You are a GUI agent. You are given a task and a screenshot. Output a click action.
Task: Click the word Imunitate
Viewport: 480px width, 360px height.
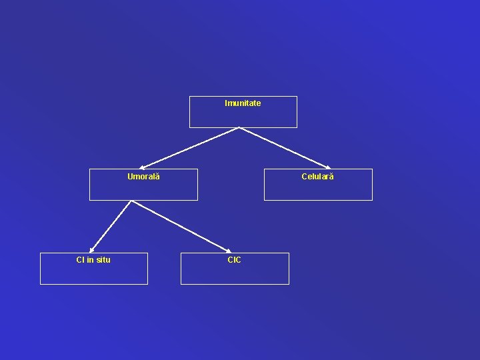tap(243, 103)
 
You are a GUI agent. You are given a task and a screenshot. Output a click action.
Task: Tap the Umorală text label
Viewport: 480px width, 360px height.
tap(143, 177)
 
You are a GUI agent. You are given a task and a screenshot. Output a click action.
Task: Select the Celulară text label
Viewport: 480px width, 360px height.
tap(317, 177)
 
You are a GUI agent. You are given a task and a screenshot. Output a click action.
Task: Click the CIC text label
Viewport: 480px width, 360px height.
tap(234, 260)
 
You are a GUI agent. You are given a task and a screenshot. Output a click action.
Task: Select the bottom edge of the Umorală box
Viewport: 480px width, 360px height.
tap(143, 200)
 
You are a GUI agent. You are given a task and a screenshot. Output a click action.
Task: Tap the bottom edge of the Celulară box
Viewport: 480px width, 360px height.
tap(318, 200)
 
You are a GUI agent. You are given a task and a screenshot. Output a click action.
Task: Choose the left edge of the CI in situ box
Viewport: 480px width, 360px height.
tap(40, 268)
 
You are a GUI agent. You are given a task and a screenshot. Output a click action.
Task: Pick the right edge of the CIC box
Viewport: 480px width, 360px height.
tap(289, 268)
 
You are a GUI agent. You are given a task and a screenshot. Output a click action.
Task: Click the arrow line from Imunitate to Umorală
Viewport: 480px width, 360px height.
tap(190, 147)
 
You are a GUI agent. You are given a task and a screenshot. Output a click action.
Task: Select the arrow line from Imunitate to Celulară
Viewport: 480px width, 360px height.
tap(285, 147)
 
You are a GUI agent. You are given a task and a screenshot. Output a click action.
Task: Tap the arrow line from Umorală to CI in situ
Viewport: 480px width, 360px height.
tap(111, 226)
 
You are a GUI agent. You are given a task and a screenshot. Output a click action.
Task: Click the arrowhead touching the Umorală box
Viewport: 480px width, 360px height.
tap(142, 167)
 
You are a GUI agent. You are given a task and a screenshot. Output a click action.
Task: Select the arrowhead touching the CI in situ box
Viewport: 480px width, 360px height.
tap(92, 250)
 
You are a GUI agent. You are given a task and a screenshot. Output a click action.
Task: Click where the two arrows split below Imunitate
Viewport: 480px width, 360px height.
tap(239, 128)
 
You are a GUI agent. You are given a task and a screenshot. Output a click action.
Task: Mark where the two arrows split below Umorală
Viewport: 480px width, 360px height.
tap(131, 201)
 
